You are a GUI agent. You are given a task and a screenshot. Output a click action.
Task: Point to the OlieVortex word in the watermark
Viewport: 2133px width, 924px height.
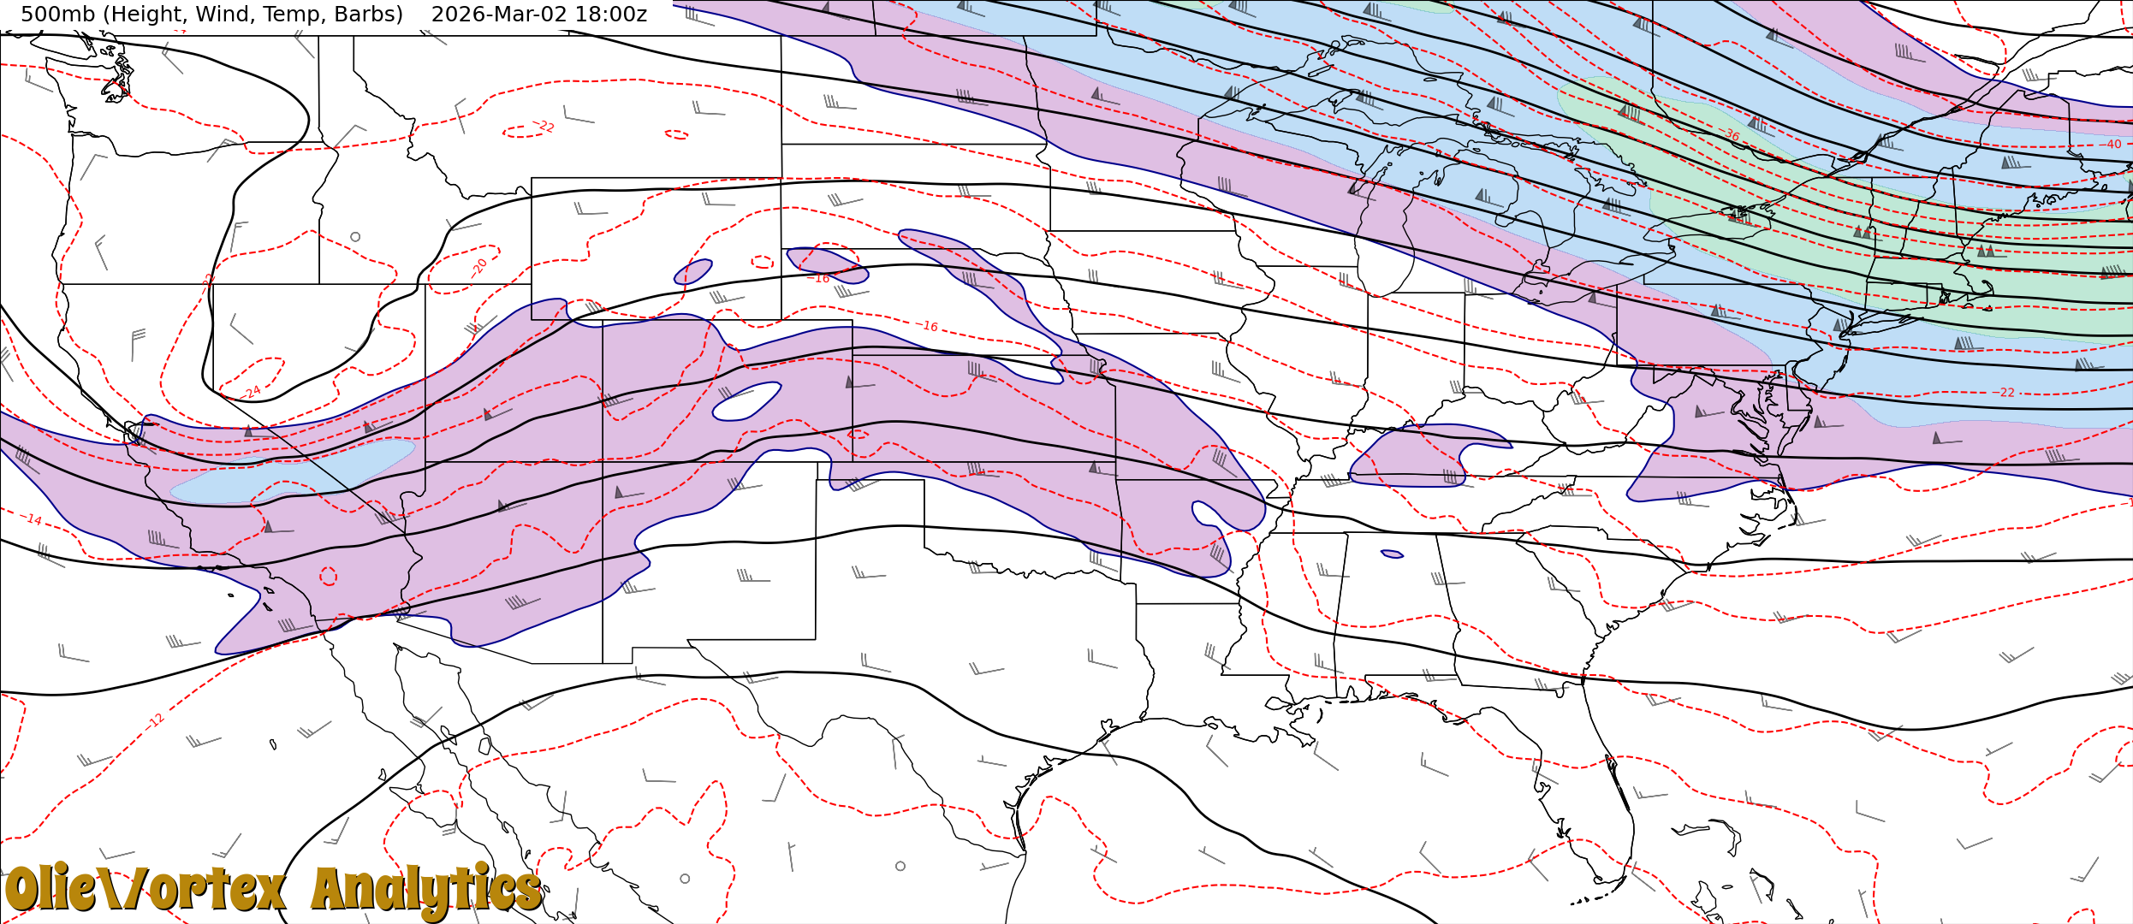point(146,890)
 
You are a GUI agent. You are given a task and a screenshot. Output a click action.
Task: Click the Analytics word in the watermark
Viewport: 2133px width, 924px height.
point(426,890)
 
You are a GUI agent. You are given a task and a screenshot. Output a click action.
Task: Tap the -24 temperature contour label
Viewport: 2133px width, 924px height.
point(253,393)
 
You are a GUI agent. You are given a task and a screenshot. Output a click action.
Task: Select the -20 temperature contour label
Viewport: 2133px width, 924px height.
point(479,266)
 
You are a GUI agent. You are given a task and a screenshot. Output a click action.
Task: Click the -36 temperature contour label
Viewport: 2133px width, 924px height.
point(1731,135)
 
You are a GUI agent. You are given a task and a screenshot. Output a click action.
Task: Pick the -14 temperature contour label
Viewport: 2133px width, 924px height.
point(33,519)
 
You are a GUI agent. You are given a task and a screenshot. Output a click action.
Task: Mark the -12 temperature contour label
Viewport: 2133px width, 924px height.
point(155,721)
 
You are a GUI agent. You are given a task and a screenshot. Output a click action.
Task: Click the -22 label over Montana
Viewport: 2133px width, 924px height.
point(545,127)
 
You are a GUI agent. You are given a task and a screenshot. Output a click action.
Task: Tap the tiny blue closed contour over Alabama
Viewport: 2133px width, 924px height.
point(1392,554)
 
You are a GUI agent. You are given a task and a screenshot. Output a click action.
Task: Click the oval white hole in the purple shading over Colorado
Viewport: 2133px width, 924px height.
point(746,402)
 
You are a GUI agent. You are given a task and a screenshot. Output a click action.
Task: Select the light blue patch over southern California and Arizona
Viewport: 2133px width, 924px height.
point(291,472)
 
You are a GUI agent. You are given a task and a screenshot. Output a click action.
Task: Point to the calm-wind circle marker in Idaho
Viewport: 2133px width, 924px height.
point(355,237)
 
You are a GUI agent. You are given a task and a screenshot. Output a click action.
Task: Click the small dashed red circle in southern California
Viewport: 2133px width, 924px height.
point(329,577)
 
